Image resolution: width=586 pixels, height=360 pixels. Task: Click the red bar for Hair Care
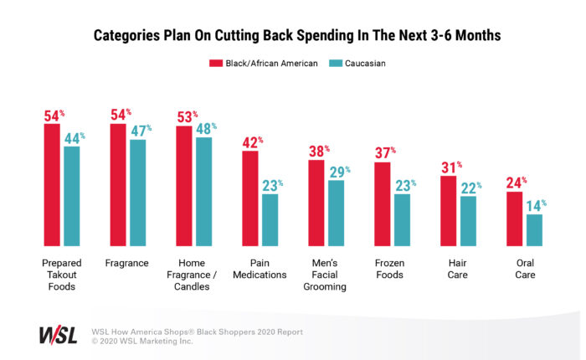[x=448, y=210]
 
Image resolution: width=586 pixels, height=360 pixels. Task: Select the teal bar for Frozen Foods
[x=402, y=219]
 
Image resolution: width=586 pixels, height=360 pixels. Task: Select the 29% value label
[x=339, y=172]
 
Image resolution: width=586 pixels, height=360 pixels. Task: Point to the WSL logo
[x=58, y=334]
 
